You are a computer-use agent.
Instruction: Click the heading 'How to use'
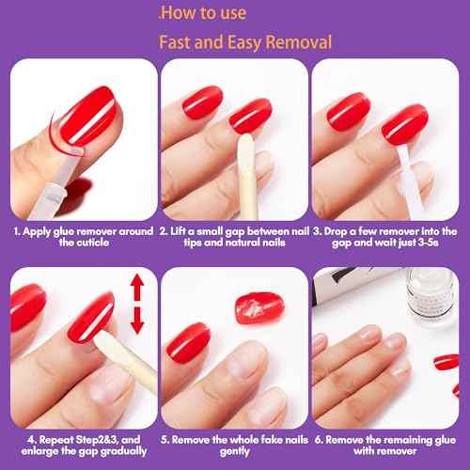[206, 12]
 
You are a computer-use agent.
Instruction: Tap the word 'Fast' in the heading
[179, 42]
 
